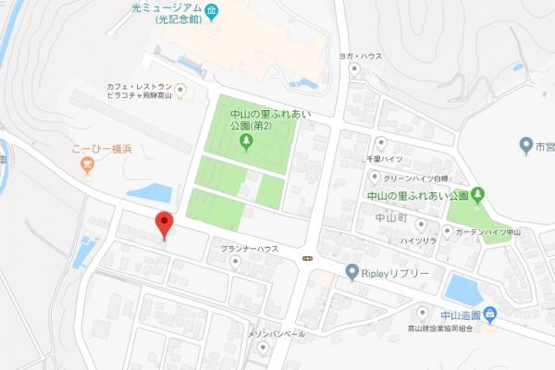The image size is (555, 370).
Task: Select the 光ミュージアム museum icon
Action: pos(211,12)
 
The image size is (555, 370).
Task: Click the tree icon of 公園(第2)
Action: pos(246,141)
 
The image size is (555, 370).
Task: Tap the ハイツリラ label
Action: pos(418,240)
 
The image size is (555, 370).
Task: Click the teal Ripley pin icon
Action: pos(351,272)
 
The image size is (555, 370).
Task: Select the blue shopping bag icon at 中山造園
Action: pos(488,314)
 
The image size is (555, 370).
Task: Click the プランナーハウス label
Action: pos(249,249)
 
